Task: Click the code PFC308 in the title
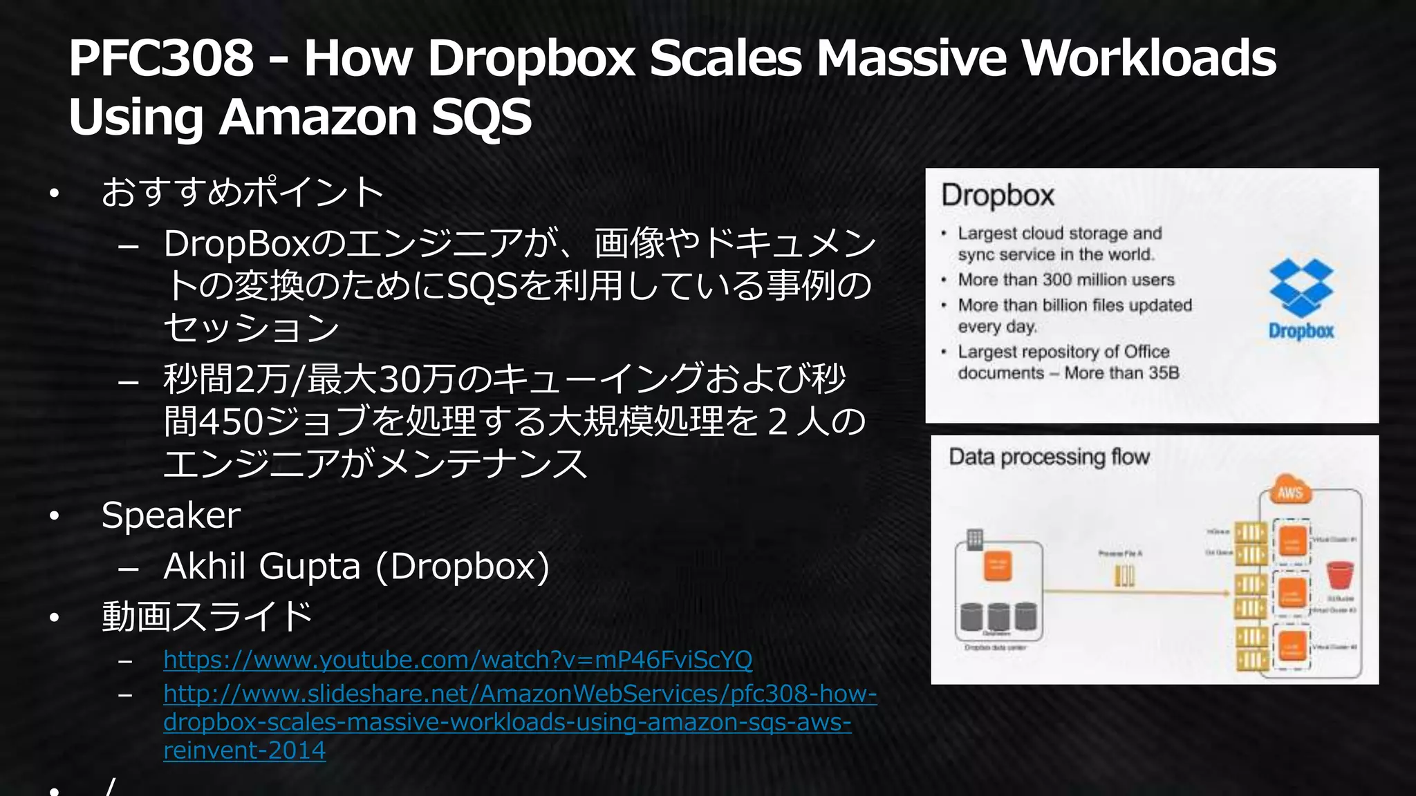pos(161,58)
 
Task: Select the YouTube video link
pos(458,660)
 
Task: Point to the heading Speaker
pos(171,515)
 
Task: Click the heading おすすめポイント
pos(242,192)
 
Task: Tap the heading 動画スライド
pos(207,616)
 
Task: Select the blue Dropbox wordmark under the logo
pos(1301,331)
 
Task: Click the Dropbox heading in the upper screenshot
pos(998,196)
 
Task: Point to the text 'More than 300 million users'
pos(1066,280)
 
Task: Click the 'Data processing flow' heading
pos(1049,457)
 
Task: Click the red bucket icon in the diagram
pos(1339,575)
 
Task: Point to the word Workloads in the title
pos(1148,58)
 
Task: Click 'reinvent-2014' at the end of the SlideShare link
pos(244,750)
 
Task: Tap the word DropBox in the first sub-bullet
pos(237,244)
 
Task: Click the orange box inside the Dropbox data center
pos(997,567)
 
